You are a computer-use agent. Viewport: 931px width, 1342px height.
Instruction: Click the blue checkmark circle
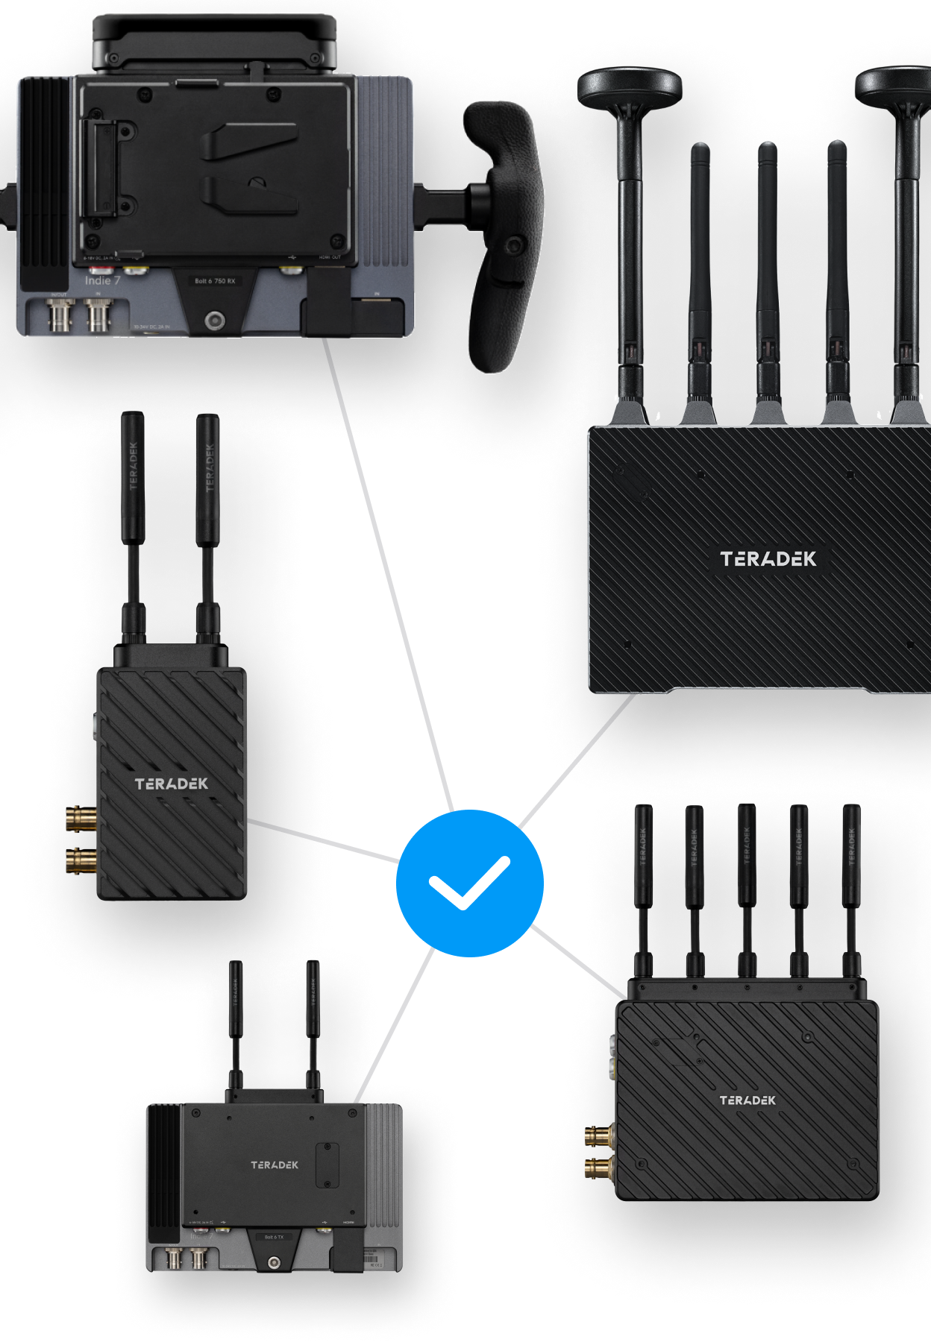click(469, 883)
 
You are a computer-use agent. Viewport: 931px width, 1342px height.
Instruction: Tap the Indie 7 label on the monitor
click(102, 280)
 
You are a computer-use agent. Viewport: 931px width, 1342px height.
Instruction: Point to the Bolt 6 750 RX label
click(215, 281)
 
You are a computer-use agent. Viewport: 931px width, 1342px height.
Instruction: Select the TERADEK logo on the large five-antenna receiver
click(768, 559)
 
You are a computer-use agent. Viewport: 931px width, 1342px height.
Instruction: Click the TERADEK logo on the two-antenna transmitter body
click(172, 784)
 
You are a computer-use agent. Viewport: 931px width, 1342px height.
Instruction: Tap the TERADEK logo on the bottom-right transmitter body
click(747, 1100)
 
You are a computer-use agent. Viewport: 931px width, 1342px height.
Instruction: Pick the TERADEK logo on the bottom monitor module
click(275, 1165)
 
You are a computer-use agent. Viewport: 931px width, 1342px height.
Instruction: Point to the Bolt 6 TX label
click(274, 1237)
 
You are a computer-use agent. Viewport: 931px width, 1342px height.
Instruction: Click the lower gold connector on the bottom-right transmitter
click(599, 1168)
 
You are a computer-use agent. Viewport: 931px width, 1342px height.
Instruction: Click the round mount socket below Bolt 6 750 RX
click(215, 321)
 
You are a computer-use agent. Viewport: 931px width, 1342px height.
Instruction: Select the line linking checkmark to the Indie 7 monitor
click(388, 574)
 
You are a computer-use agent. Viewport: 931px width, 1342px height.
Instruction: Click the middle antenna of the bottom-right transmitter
click(746, 887)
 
